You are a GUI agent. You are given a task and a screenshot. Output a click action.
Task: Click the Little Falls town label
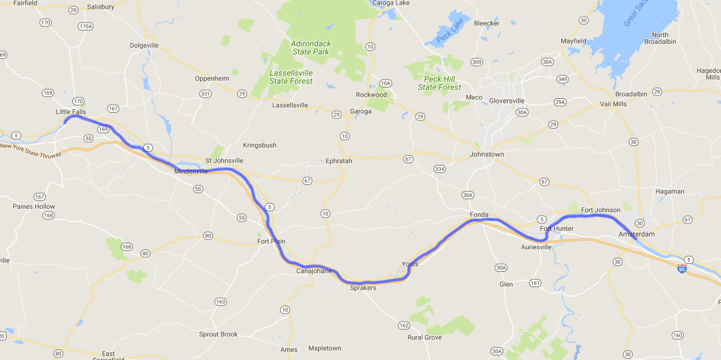pos(71,112)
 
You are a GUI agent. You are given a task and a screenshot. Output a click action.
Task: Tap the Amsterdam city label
pos(636,235)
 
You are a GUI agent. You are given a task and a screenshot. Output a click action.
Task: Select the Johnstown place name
pos(486,154)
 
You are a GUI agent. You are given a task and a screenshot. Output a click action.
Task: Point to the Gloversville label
pos(506,101)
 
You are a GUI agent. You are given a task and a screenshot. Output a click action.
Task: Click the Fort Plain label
pos(272,241)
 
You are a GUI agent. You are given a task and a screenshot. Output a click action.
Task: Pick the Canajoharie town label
pos(313,270)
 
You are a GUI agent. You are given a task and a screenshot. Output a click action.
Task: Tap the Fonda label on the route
pos(478,215)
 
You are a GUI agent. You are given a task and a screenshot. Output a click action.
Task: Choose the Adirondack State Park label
pos(310,47)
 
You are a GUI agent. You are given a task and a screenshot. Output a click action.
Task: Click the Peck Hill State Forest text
pos(439,83)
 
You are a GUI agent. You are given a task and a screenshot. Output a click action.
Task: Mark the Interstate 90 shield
pos(682,268)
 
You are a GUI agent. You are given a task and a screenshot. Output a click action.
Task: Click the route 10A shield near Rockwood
pos(386,83)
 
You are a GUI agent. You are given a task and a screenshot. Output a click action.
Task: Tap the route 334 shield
pos(440,169)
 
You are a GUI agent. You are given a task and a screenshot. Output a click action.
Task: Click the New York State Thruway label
pos(30,150)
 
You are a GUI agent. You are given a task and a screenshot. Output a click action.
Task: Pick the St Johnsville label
pos(224,160)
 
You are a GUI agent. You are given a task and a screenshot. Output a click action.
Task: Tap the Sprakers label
pos(362,288)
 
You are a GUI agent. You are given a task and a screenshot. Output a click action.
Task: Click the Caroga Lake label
pos(391,3)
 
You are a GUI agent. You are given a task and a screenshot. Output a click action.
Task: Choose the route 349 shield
pos(562,80)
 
